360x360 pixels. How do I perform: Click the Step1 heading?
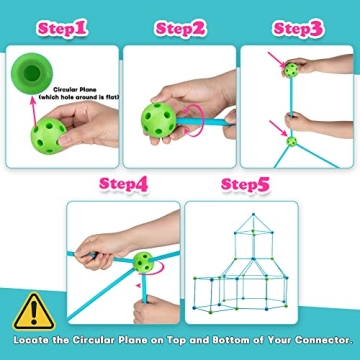pos(62,29)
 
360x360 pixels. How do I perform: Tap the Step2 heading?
pos(180,29)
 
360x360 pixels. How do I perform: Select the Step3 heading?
pos(298,29)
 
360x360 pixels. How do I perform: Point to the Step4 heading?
pos(124,184)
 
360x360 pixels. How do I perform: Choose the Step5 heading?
pos(245,184)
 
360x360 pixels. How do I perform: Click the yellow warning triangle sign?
pos(34,313)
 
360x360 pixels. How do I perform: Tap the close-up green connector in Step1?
pos(32,73)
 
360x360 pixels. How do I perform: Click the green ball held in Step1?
pos(48,136)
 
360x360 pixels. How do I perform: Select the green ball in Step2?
pos(158,120)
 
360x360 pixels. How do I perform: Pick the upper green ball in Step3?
pos(291,70)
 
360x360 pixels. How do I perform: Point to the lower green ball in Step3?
pos(292,141)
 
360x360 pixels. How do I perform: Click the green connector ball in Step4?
pos(143,262)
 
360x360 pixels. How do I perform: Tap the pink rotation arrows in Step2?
pos(196,121)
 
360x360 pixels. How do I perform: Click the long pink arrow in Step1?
pos(33,112)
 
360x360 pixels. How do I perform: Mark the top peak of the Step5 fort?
pos(253,214)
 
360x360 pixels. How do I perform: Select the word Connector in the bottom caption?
pos(323,340)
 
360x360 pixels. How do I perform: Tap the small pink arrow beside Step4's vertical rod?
pos(138,285)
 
